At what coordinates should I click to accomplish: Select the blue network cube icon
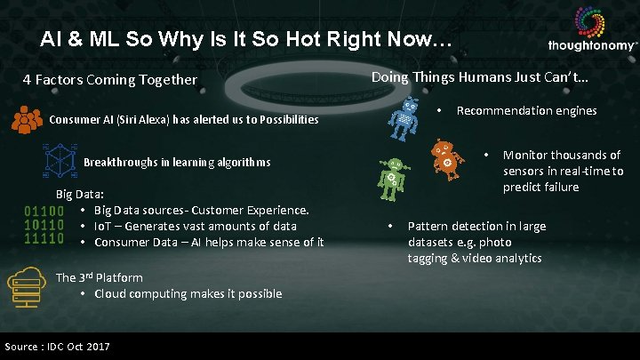pos(60,162)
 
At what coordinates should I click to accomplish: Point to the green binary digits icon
pos(44,226)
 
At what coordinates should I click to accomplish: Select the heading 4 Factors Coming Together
pos(110,80)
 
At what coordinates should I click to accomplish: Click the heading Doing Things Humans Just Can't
pos(479,77)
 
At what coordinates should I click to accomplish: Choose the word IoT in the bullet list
pos(103,226)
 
